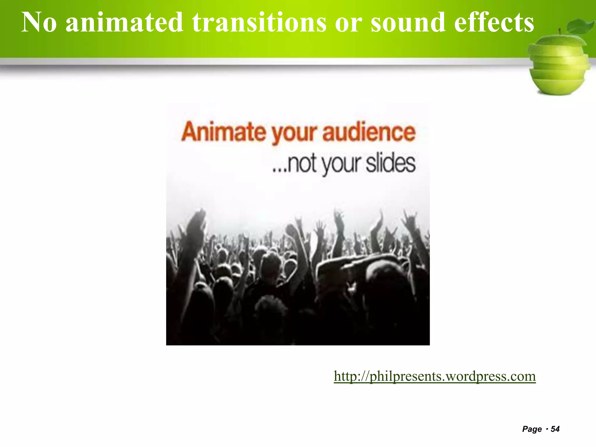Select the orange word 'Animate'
tap(223, 132)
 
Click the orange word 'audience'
tap(369, 132)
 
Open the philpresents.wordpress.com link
tap(434, 376)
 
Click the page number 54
tap(555, 429)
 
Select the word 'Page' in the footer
tap(532, 429)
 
